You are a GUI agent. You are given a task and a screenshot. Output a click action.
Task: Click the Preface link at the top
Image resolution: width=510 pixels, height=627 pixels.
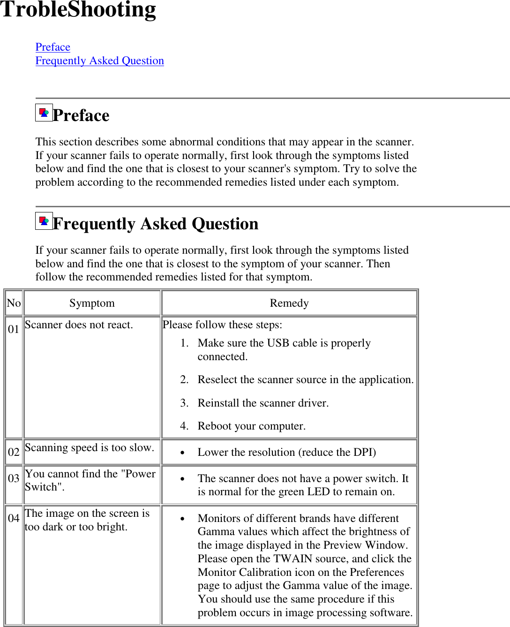click(52, 47)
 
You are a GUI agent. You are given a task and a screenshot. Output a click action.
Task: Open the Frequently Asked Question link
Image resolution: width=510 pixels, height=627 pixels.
click(99, 61)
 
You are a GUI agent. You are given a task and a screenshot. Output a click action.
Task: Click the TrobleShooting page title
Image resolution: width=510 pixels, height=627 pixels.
click(78, 10)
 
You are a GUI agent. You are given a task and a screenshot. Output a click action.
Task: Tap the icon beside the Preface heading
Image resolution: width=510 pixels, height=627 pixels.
click(44, 113)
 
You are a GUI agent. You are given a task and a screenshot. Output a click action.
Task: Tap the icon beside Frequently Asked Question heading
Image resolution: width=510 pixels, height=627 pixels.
click(44, 221)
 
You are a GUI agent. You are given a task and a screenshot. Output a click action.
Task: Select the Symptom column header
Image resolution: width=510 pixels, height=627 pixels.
click(92, 303)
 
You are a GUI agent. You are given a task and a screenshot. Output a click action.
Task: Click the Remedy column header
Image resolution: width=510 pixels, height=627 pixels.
click(289, 303)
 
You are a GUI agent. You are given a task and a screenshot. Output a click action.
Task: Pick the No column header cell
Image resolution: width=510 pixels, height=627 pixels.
click(14, 303)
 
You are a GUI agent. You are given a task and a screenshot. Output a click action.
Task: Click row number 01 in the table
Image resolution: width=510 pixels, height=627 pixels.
click(14, 330)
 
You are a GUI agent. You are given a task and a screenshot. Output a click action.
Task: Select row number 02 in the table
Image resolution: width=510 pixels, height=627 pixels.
click(14, 453)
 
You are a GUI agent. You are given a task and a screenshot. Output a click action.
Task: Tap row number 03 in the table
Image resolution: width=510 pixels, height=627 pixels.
click(14, 479)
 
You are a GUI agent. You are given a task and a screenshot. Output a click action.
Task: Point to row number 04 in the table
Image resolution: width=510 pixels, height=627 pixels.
click(14, 519)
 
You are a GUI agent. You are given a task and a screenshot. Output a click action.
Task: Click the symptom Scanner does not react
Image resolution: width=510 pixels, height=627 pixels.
click(79, 325)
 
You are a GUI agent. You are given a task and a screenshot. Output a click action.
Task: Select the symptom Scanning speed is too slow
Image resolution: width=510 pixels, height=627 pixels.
click(89, 448)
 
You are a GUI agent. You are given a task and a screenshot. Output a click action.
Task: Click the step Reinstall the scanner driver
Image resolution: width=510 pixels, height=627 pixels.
click(263, 403)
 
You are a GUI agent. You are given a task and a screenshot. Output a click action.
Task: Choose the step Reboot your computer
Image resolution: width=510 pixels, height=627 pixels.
click(251, 426)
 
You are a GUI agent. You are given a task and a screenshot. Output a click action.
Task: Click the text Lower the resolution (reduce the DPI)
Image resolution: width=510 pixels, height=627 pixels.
click(286, 453)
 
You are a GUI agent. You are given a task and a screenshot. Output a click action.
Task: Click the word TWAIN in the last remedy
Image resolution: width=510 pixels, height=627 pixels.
click(293, 559)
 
